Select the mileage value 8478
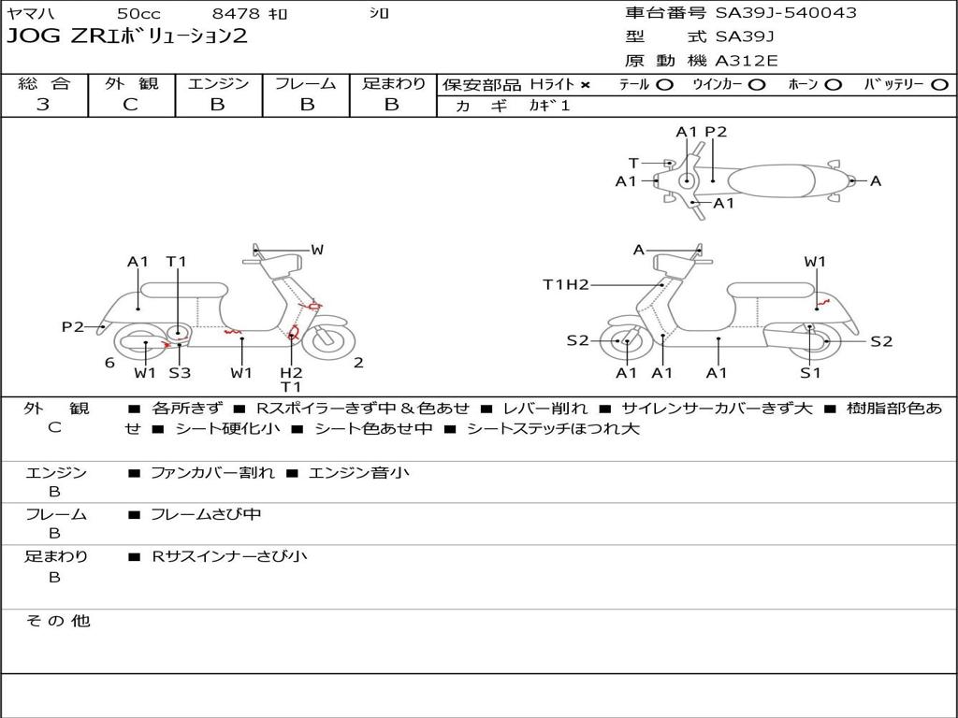[238, 14]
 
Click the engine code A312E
[747, 62]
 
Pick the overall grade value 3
[43, 105]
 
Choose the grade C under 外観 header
[131, 105]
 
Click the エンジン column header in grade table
[218, 84]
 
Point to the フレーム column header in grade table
[305, 84]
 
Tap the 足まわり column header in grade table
[393, 84]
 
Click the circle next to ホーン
[834, 85]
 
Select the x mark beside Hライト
[586, 85]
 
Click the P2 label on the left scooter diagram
[73, 326]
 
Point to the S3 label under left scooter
[179, 373]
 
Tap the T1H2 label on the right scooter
[565, 284]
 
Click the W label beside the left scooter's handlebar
[317, 250]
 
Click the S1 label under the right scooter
[809, 373]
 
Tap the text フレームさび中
[206, 514]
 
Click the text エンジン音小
[358, 473]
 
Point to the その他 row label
[57, 621]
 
